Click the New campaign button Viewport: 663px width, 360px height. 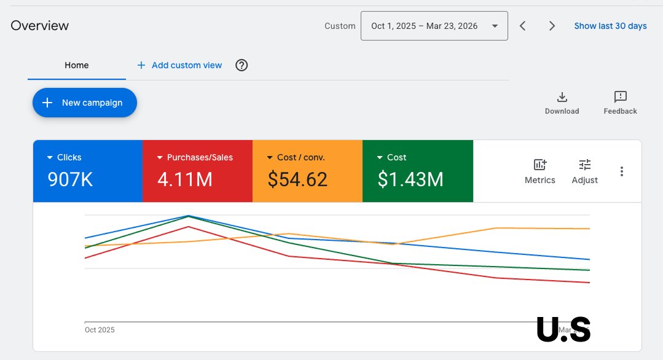84,103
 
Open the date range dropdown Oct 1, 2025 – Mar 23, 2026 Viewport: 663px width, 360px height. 434,26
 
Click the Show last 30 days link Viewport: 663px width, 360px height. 610,26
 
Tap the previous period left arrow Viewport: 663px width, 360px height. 522,26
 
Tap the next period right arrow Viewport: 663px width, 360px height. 552,26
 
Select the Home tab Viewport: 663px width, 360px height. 77,65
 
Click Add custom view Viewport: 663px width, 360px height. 179,65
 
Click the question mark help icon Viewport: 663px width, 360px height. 241,65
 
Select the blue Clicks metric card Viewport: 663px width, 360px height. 87,171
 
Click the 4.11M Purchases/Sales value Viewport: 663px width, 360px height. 185,179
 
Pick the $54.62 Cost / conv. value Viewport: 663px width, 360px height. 297,179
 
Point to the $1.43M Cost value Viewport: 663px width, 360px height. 410,179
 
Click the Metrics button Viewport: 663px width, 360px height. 539,171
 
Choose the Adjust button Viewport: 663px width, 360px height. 584,171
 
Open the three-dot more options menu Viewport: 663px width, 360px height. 622,171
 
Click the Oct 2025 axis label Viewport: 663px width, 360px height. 100,330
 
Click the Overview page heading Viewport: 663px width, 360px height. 40,26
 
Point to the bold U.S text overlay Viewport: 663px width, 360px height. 563,329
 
